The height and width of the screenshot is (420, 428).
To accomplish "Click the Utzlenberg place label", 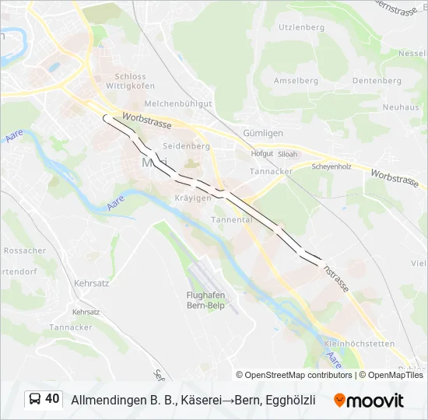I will [302, 27].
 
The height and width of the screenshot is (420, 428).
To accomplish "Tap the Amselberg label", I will [296, 81].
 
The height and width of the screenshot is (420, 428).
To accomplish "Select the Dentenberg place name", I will [376, 81].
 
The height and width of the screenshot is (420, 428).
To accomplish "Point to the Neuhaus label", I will [401, 107].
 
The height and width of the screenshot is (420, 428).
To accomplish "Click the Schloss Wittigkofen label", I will [130, 82].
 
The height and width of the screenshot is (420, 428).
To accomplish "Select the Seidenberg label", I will [187, 146].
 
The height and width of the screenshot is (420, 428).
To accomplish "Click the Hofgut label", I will [262, 154].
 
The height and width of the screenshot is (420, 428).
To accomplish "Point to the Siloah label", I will [287, 154].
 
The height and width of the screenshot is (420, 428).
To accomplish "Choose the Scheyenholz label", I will [332, 166].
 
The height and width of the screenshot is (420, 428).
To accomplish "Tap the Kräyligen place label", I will [193, 198].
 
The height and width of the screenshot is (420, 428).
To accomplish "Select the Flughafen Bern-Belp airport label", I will [205, 299].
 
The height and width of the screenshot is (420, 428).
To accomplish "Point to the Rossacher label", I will [24, 250].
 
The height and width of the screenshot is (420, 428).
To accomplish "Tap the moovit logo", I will [369, 400].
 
